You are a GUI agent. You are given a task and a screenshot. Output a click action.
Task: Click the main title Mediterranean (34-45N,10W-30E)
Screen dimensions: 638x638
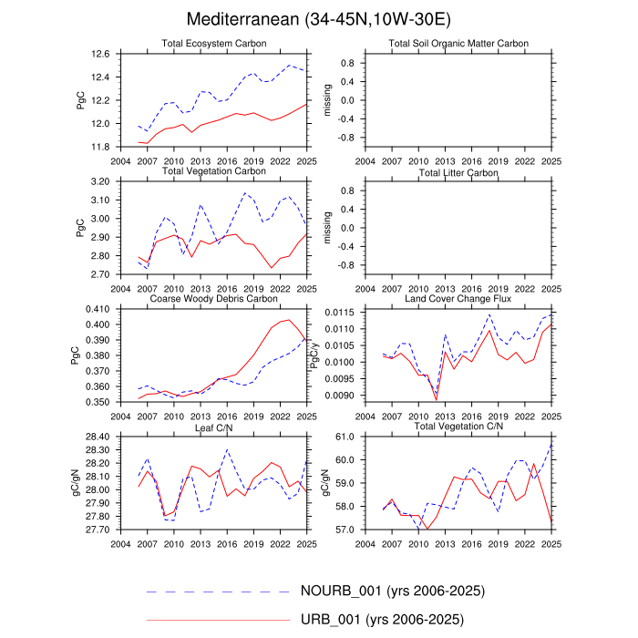tap(319, 19)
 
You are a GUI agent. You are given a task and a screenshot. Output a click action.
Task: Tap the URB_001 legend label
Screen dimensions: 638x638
tap(383, 621)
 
